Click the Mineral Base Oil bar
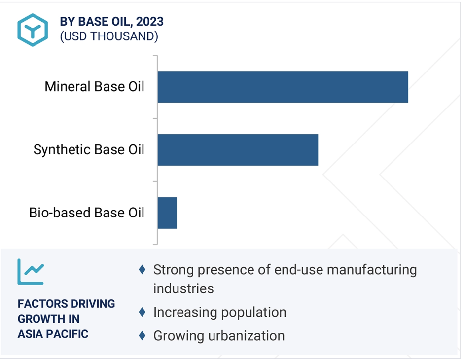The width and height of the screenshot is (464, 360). (283, 87)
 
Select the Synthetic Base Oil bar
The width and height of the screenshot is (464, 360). (238, 150)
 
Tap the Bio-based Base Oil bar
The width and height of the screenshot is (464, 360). (167, 213)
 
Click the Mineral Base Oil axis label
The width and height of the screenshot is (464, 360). (94, 87)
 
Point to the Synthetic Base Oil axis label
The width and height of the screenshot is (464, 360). (89, 150)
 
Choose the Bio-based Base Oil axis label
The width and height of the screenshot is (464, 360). (87, 213)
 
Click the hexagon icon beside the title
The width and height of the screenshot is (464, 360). (33, 30)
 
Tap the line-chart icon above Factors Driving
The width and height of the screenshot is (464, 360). (31, 272)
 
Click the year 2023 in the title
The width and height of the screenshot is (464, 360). (150, 22)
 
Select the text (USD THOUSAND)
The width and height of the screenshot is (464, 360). (109, 36)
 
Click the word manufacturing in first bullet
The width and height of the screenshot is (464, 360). (372, 270)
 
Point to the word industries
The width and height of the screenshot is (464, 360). (183, 288)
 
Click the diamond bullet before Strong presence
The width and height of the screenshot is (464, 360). (142, 270)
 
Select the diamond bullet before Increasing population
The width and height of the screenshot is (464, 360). (142, 312)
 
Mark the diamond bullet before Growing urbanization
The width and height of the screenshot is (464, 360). (142, 336)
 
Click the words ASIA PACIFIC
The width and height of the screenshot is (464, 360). (53, 334)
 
